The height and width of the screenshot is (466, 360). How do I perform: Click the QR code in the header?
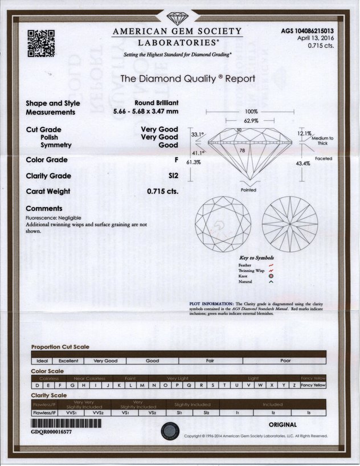tap(41, 43)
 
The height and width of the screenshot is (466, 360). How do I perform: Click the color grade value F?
tap(176, 160)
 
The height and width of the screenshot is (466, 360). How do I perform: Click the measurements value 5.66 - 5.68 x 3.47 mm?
tap(145, 112)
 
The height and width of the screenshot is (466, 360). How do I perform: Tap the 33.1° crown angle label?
tap(198, 134)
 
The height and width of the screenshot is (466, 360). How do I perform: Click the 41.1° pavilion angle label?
tap(198, 153)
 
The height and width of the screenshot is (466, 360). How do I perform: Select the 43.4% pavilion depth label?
tap(303, 163)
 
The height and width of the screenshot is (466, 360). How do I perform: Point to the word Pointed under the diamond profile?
tap(248, 190)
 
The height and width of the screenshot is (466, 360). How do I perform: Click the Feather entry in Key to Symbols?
tap(246, 265)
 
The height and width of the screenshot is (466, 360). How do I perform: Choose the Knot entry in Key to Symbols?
tap(244, 276)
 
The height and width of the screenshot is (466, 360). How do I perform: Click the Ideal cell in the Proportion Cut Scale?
tap(42, 361)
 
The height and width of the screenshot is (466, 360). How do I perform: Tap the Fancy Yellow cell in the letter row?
tap(313, 385)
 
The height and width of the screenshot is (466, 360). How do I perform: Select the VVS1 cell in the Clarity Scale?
tap(70, 412)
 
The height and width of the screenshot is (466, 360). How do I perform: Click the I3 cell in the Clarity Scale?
tap(309, 412)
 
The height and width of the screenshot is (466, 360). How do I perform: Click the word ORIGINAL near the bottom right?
tap(283, 424)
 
